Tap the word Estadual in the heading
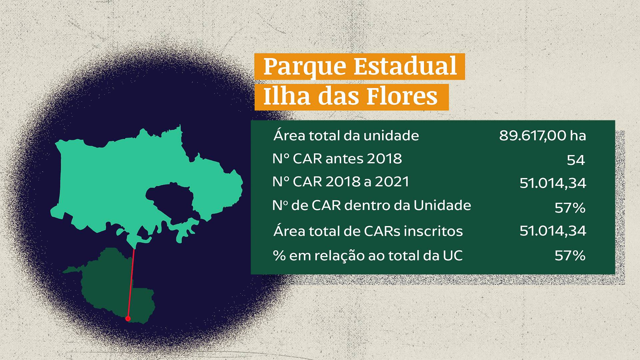[405, 66]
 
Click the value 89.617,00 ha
[542, 136]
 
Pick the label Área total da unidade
[346, 136]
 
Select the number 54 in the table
[576, 160]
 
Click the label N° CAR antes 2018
[337, 159]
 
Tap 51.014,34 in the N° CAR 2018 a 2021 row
[553, 183]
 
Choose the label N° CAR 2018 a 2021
[341, 182]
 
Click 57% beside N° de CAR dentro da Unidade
[570, 208]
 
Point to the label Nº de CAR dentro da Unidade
[372, 205]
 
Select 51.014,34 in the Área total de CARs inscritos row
[553, 231]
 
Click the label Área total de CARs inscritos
[368, 231]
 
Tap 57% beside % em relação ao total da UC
[570, 256]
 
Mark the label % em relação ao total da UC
[368, 256]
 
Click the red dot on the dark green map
[128, 319]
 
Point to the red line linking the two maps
[131, 283]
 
